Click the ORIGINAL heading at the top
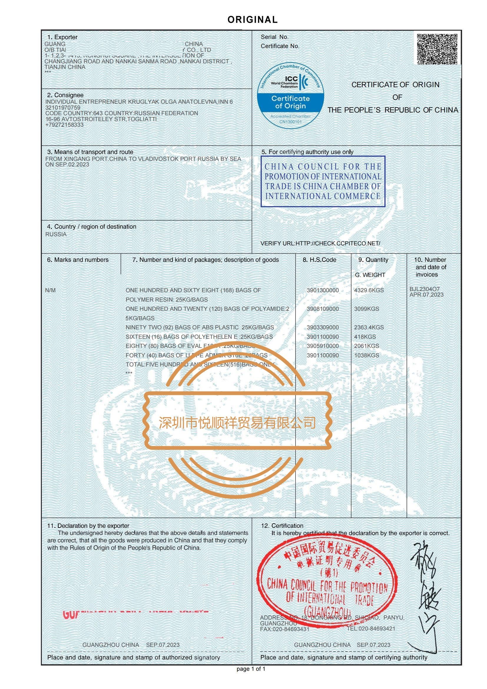tap(253, 20)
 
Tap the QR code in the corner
tap(438, 48)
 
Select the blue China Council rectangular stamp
tap(323, 181)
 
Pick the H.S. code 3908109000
tap(322, 309)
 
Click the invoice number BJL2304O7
tap(424, 289)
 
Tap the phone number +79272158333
tap(64, 125)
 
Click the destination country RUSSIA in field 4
tap(56, 234)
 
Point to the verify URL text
tap(320, 243)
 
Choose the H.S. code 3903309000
tap(322, 327)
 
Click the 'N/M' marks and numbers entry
tap(50, 290)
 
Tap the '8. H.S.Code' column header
tap(319, 260)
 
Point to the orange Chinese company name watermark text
tap(237, 423)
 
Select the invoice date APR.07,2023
tap(426, 295)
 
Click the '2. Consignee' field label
tap(65, 95)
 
